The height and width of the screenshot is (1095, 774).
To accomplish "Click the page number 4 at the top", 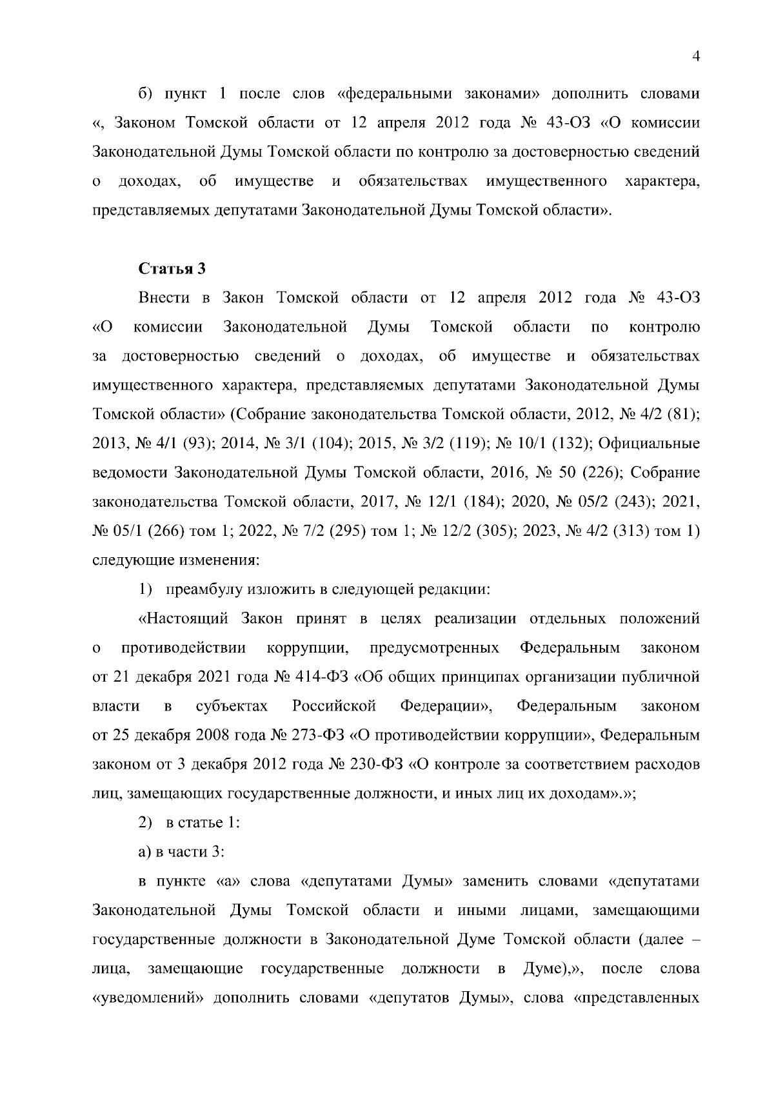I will point(696,57).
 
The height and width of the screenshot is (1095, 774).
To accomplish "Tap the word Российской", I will point(333,706).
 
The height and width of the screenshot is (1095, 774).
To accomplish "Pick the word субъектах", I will point(232,706).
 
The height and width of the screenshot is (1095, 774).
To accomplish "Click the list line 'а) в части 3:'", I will point(181,852).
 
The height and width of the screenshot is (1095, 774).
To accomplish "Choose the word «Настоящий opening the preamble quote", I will point(184,619).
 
